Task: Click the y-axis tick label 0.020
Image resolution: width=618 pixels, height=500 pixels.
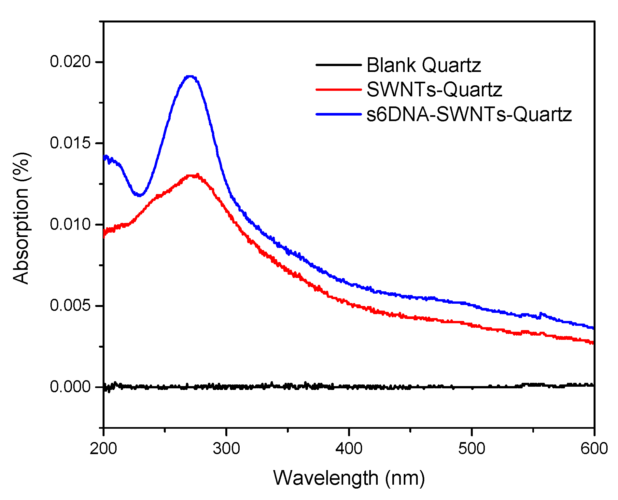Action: [70, 62]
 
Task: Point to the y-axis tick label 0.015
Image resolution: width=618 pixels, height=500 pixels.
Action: [70, 143]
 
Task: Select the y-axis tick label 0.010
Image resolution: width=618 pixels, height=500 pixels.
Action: [70, 225]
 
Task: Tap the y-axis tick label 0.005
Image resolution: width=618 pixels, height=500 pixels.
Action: [70, 306]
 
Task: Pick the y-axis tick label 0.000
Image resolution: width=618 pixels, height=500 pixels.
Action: [70, 387]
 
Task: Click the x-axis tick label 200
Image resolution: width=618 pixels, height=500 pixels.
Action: [103, 449]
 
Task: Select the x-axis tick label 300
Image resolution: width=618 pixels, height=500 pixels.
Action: [226, 449]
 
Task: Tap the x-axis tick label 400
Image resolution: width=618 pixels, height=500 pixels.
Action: [349, 449]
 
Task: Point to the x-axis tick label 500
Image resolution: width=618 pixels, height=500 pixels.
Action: [472, 449]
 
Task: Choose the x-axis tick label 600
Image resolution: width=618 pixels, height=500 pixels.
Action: [594, 449]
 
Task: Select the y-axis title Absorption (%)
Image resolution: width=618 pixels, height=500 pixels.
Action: [21, 218]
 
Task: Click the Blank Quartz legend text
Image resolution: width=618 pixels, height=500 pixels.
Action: [424, 65]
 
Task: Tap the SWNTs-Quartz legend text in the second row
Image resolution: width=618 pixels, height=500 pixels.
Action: [434, 90]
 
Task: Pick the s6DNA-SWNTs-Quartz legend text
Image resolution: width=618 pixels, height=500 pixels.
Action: [469, 114]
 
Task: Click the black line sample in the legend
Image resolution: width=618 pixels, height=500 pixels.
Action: [339, 65]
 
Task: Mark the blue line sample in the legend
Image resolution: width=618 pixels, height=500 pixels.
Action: [339, 114]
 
